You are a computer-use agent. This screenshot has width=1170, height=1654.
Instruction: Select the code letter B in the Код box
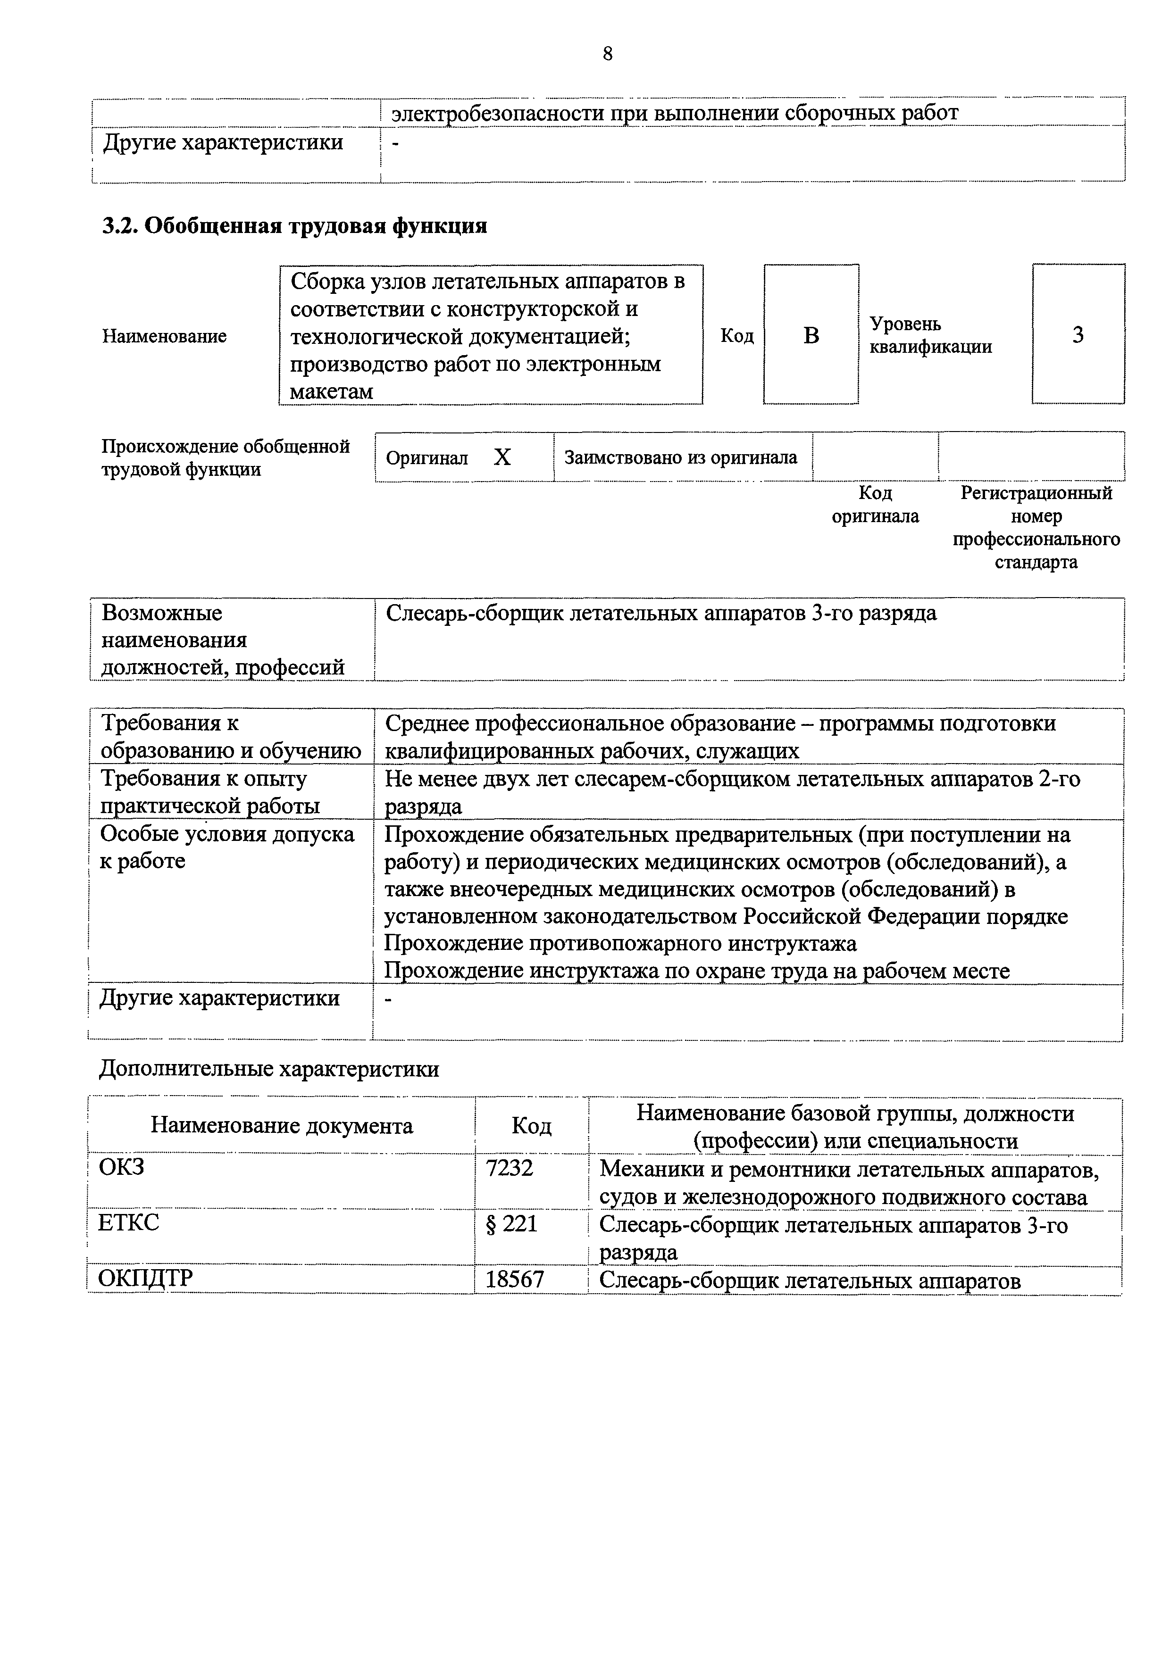click(811, 335)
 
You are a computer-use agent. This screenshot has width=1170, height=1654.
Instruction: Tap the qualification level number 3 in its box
click(1078, 334)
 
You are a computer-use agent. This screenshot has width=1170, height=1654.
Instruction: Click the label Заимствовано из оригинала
click(681, 457)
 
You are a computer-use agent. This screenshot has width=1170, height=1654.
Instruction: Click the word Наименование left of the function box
click(164, 336)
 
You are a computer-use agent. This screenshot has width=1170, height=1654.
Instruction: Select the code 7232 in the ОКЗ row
click(510, 1168)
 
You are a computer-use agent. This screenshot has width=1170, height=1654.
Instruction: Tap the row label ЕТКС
click(128, 1222)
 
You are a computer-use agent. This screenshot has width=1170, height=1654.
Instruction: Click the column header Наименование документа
click(282, 1125)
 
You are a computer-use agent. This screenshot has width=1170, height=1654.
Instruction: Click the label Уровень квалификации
click(930, 335)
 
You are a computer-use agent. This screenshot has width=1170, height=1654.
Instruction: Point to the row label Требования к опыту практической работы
click(210, 792)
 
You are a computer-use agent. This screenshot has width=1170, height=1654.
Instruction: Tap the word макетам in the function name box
click(331, 392)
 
